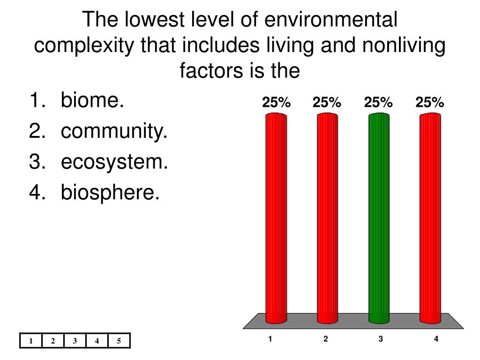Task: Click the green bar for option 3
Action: pyautogui.click(x=379, y=218)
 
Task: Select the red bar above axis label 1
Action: pyautogui.click(x=276, y=218)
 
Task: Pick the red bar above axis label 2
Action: pyautogui.click(x=328, y=218)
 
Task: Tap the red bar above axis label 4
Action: pyautogui.click(x=430, y=218)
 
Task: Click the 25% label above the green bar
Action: pyautogui.click(x=378, y=102)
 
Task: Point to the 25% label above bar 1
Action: pyautogui.click(x=276, y=102)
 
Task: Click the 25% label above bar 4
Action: pyautogui.click(x=429, y=102)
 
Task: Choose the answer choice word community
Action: pyautogui.click(x=114, y=131)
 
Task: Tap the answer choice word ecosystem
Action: pyautogui.click(x=114, y=161)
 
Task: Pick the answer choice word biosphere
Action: pyautogui.click(x=110, y=192)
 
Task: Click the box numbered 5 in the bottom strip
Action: pyautogui.click(x=119, y=341)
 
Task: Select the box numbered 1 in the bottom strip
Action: pyautogui.click(x=31, y=341)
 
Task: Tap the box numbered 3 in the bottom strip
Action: pyautogui.click(x=75, y=341)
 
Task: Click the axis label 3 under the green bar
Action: pyautogui.click(x=381, y=338)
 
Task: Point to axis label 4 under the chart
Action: pyautogui.click(x=436, y=338)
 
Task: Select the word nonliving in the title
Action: pyautogui.click(x=404, y=45)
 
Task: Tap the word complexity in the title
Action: pyautogui.click(x=84, y=45)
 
